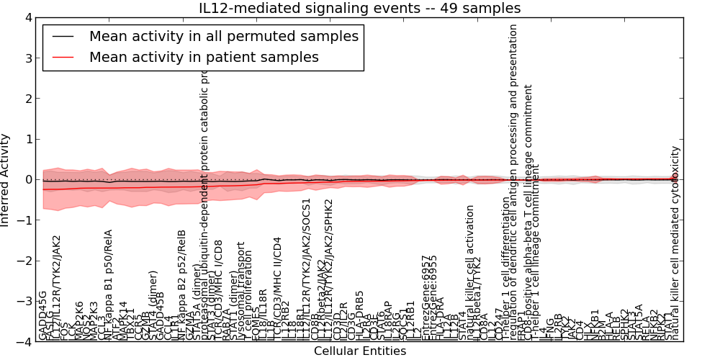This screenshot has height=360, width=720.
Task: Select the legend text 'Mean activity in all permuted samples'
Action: [223, 36]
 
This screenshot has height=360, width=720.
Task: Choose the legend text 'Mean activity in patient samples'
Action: [204, 57]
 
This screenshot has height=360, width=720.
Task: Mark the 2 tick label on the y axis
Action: [28, 99]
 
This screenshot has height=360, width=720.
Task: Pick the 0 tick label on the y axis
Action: [28, 180]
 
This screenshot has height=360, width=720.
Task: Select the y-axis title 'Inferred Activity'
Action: [6, 180]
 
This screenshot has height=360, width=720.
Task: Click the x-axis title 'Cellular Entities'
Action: [360, 351]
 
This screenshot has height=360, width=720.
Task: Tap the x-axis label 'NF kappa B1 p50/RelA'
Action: [109, 285]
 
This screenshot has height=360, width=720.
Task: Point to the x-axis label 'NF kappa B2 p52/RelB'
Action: [182, 285]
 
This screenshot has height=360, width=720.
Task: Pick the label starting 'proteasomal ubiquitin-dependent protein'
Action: [204, 209]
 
